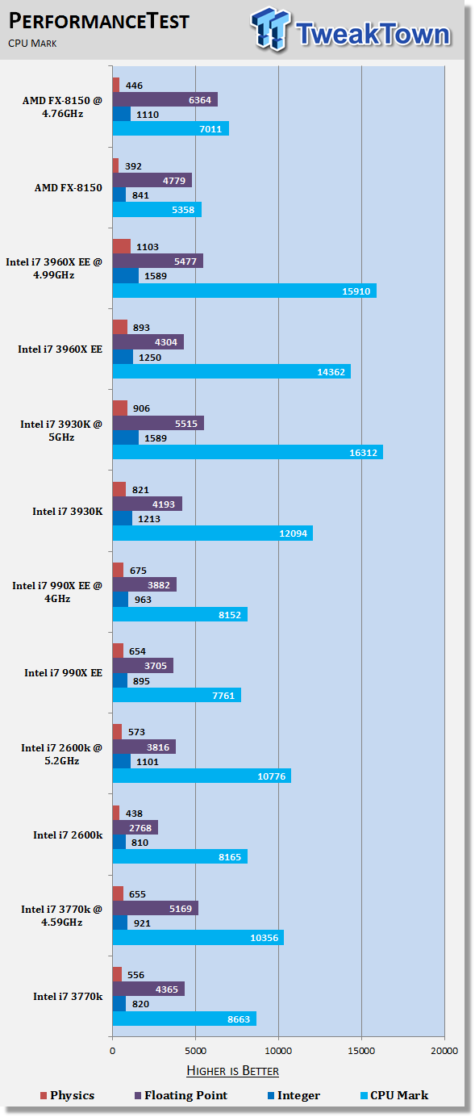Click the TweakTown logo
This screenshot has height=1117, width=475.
tap(351, 29)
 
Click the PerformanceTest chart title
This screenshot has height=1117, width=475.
tap(98, 22)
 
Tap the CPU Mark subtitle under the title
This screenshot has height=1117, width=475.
tap(32, 44)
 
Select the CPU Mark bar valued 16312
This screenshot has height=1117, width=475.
tap(248, 452)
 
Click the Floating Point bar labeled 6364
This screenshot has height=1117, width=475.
tap(165, 100)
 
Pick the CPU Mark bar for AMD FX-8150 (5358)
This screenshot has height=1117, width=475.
tap(157, 210)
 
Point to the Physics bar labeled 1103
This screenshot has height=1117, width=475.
tap(122, 246)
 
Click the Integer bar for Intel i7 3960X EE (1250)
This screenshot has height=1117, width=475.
tap(123, 357)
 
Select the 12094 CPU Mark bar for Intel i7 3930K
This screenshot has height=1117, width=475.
tap(213, 533)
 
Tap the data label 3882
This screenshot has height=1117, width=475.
tap(159, 585)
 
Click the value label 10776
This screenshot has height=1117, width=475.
tap(272, 776)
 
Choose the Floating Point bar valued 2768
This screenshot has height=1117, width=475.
tap(135, 828)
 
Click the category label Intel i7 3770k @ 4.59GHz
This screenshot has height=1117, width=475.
tap(62, 915)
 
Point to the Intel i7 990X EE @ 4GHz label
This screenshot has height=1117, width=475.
tap(57, 592)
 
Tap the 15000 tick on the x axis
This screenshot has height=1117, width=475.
tap(361, 1051)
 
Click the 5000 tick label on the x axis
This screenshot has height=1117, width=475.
tap(195, 1051)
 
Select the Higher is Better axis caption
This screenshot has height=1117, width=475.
tap(233, 1071)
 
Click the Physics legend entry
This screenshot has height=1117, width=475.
tap(67, 1095)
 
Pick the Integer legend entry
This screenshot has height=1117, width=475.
tap(294, 1095)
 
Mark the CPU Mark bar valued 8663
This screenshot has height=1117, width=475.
tap(185, 1019)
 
